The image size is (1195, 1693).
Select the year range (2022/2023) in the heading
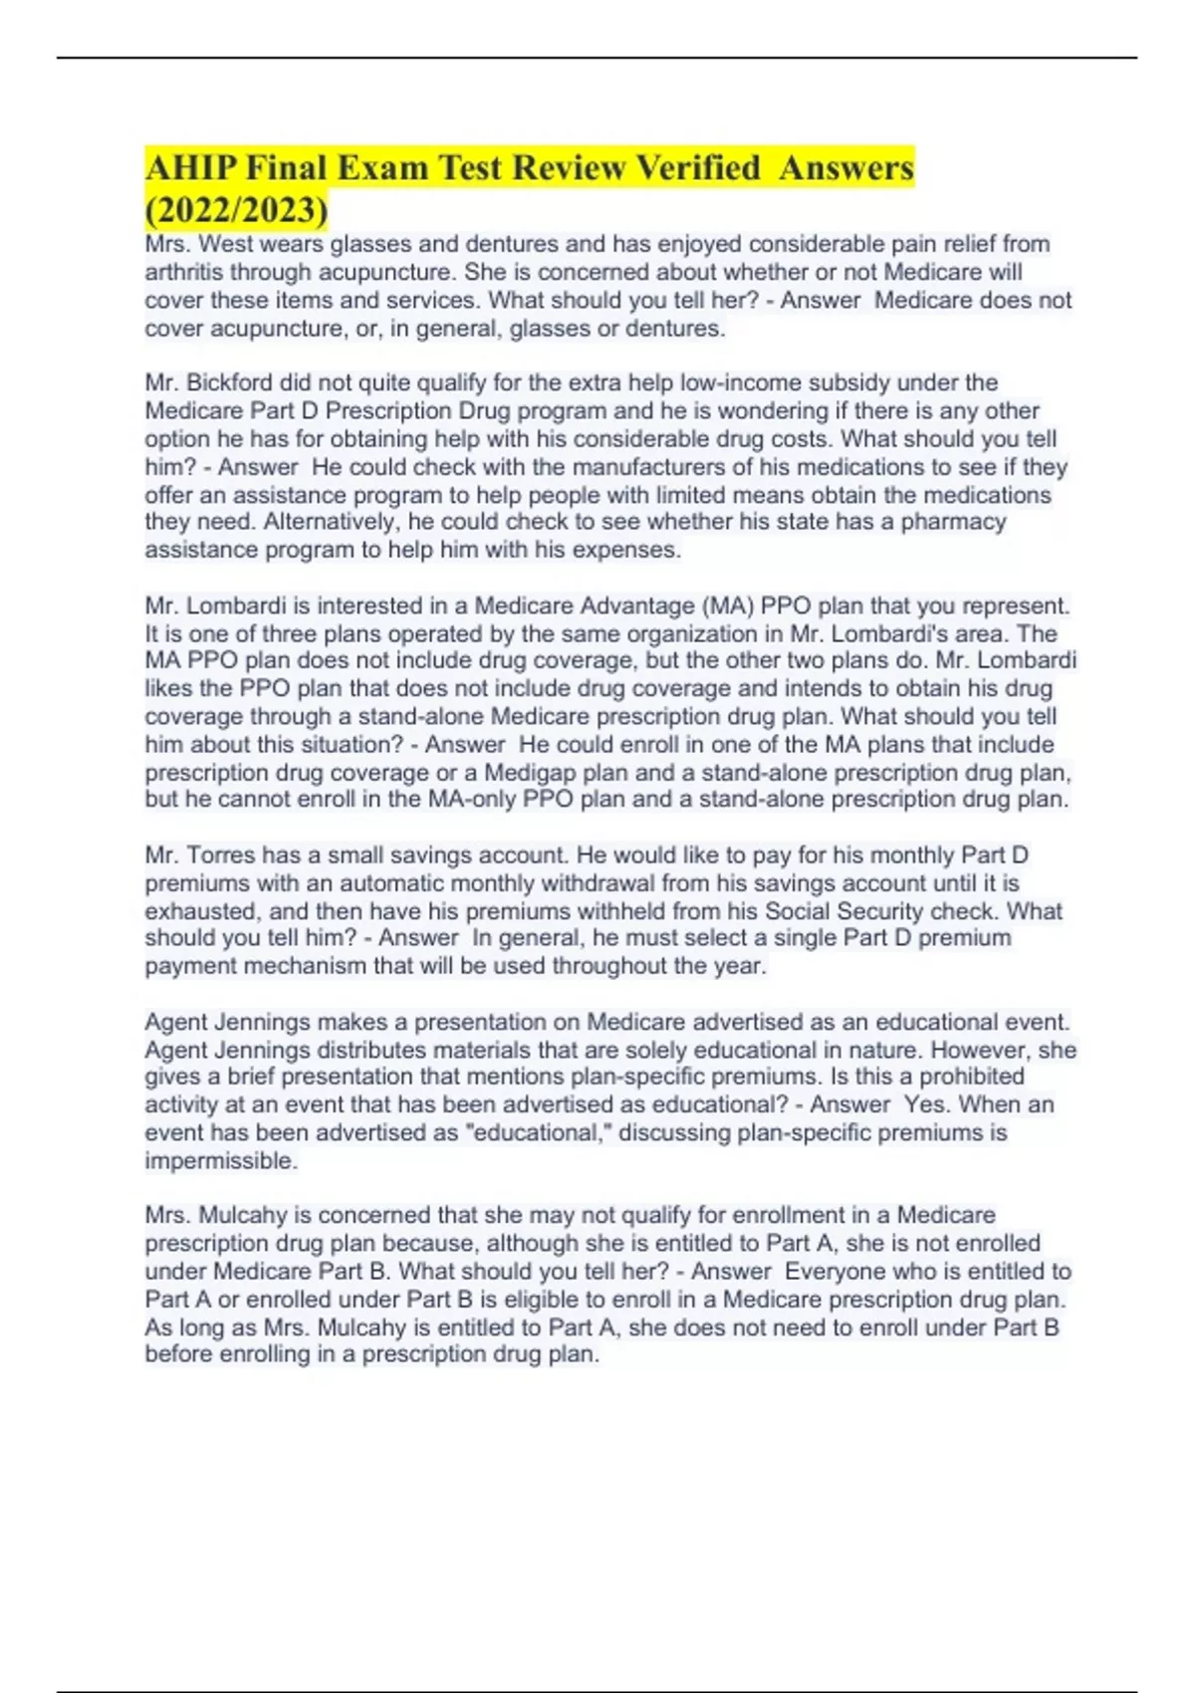click(236, 210)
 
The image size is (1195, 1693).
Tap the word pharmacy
click(953, 522)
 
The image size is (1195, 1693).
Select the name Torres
click(221, 854)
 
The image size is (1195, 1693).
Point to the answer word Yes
click(925, 1104)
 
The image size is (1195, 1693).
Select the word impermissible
click(220, 1161)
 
